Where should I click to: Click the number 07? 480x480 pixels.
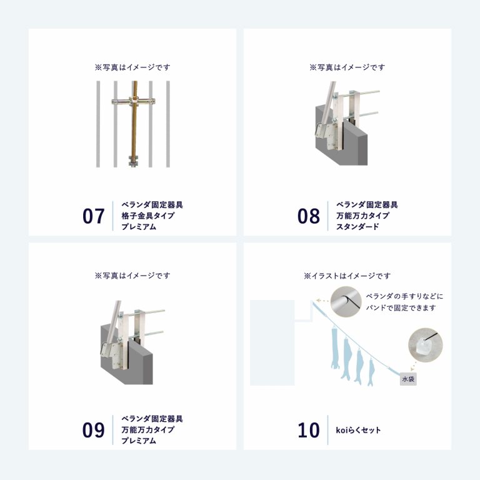93,216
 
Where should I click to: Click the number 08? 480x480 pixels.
309,216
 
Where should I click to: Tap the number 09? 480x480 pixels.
93,430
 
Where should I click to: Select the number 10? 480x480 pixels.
309,430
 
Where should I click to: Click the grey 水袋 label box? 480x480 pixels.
408,379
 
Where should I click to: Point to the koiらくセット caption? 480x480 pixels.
359,430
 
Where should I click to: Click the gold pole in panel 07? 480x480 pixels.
134,122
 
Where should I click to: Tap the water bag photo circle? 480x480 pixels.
426,345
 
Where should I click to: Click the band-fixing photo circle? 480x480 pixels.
346,302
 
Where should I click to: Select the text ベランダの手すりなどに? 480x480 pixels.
405,296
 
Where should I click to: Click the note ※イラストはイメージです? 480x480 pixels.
347,276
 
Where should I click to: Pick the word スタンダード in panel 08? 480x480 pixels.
357,227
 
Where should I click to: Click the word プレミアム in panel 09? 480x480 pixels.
139,441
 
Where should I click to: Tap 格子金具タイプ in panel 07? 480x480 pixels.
148,216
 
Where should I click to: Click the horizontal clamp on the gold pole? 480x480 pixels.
134,101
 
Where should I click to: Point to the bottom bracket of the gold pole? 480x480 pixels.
134,161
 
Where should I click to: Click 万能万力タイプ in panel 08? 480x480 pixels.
362,216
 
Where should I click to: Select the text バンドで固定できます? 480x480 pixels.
401,307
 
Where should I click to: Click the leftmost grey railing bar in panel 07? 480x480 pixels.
98,124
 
